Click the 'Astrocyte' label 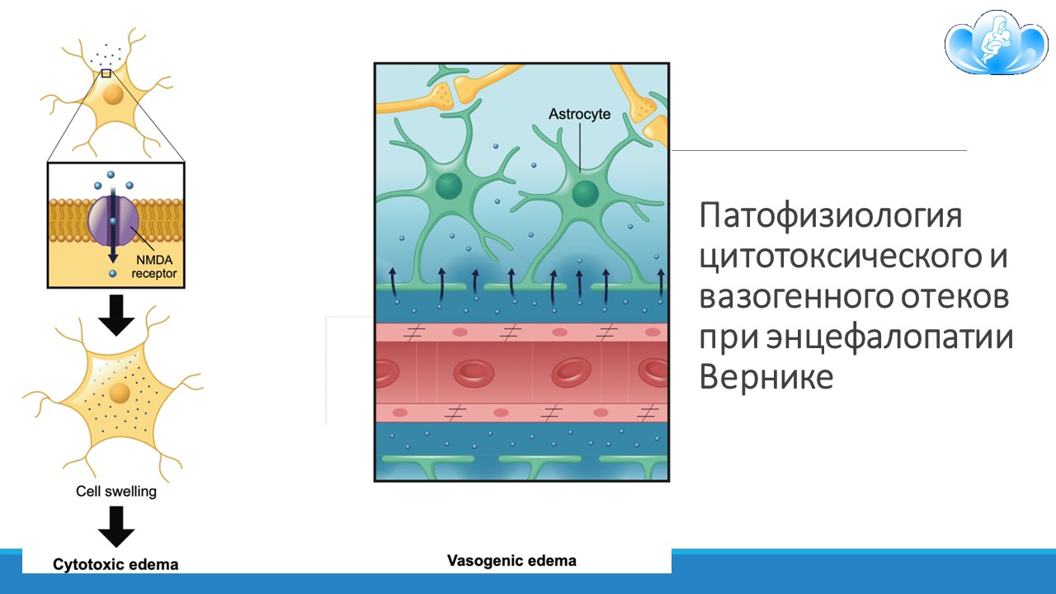[579, 114]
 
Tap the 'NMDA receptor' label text [153, 266]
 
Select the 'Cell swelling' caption [116, 491]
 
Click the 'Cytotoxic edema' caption [115, 564]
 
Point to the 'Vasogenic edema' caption [511, 560]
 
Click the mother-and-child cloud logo [996, 42]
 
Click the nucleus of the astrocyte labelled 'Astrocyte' [585, 193]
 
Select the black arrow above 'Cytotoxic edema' [116, 526]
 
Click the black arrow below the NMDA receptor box [116, 315]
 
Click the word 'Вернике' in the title [766, 377]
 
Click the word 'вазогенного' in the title [796, 298]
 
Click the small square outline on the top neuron [106, 73]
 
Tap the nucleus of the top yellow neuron [113, 95]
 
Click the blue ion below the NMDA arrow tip [112, 273]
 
